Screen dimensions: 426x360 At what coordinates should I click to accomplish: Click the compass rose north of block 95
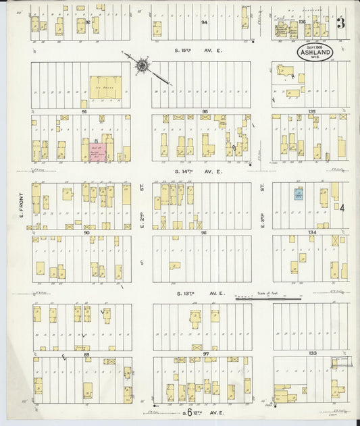pyautogui.click(x=143, y=65)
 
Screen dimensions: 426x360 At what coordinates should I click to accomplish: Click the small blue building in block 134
pyautogui.click(x=298, y=194)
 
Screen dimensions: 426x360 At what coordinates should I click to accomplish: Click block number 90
pyautogui.click(x=86, y=232)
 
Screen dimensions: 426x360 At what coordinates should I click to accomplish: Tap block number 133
pyautogui.click(x=311, y=354)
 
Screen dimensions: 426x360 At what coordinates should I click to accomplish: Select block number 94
pyautogui.click(x=204, y=22)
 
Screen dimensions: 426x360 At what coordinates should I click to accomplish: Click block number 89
pyautogui.click(x=86, y=354)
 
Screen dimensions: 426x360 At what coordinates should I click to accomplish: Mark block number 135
pyautogui.click(x=311, y=111)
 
